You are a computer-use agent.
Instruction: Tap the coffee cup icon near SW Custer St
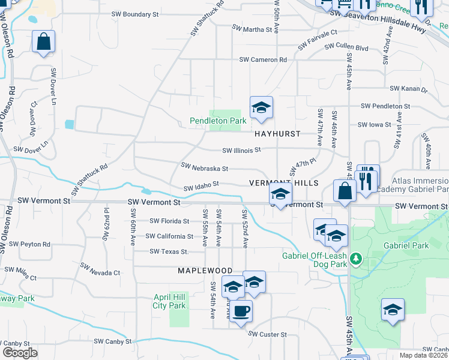241,311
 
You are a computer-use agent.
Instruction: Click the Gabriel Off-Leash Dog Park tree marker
356,259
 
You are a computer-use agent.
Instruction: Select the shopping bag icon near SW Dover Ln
43,42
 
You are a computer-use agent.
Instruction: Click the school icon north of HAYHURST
261,108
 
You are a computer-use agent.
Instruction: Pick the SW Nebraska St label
204,167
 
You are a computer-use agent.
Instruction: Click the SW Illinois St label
242,150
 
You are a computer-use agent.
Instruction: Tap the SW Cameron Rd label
263,59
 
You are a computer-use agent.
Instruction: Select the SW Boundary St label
135,13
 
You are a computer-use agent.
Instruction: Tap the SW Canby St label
113,341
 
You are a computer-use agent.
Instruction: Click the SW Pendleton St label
385,106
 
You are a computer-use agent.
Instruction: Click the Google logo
20,353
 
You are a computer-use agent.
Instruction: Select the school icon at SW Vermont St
280,194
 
